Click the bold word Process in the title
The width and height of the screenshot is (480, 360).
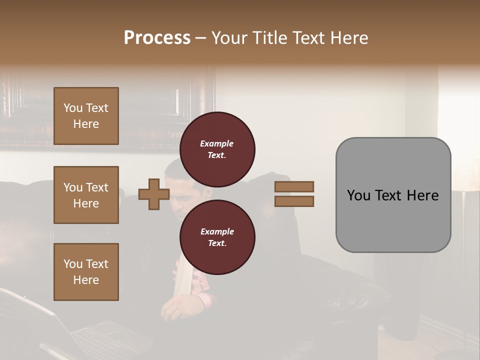click(x=157, y=37)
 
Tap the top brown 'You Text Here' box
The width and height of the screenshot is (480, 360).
click(x=86, y=116)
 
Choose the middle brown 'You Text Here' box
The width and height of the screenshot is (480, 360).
click(x=86, y=195)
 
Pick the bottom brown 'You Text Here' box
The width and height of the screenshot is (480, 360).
click(x=86, y=271)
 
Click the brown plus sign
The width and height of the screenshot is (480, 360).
click(x=154, y=194)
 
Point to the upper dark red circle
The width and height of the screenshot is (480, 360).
click(x=217, y=149)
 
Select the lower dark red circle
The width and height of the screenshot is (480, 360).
click(x=217, y=237)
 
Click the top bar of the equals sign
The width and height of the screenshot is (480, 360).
click(x=294, y=186)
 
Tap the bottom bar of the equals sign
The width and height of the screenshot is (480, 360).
click(x=294, y=201)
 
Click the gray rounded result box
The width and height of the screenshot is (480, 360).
click(x=393, y=195)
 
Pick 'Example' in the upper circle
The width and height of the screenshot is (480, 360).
click(x=217, y=143)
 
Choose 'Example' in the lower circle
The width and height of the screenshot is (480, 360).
click(x=217, y=231)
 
